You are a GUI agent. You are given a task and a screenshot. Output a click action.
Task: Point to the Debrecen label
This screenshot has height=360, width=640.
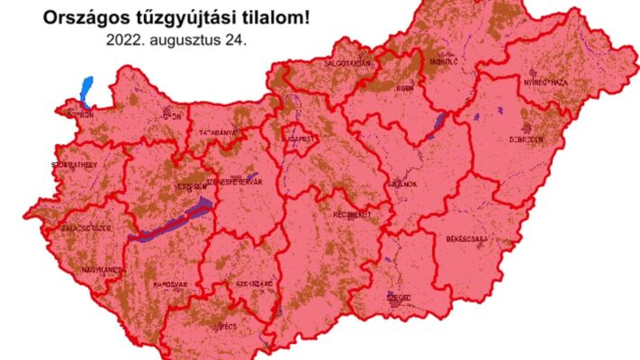(x=526, y=139)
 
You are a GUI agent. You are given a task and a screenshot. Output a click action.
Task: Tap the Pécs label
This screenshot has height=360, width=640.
(x=228, y=326)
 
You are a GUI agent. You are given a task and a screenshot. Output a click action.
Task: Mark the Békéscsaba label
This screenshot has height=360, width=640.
(x=465, y=239)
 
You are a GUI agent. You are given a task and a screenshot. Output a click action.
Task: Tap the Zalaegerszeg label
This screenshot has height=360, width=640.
(x=86, y=229)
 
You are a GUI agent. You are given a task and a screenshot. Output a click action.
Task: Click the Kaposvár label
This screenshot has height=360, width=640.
(x=169, y=283)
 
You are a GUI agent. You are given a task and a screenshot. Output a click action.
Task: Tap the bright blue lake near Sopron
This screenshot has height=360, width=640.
(x=86, y=89)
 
